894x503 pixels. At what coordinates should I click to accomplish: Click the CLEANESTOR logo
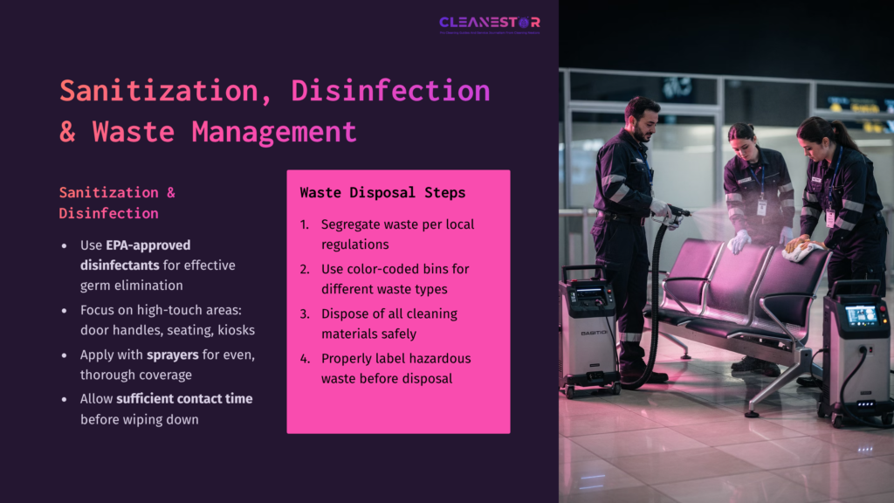(489, 24)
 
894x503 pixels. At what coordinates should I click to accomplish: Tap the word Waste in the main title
(134, 132)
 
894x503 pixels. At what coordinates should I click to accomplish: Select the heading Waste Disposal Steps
(382, 192)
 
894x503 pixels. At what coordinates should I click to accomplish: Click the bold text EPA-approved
(148, 245)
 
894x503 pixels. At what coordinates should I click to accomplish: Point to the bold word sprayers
(174, 355)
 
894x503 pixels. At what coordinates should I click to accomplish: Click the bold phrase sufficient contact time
(184, 398)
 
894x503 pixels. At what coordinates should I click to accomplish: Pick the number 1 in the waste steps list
(304, 224)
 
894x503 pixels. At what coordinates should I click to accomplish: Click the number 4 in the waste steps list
(305, 358)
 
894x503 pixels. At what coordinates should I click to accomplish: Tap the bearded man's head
(642, 118)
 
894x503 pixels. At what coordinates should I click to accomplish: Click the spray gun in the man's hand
(674, 213)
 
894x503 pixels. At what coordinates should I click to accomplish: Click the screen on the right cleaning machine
(861, 315)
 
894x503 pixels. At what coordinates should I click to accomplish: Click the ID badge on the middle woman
(761, 207)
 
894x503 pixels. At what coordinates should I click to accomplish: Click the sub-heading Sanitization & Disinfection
(108, 203)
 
